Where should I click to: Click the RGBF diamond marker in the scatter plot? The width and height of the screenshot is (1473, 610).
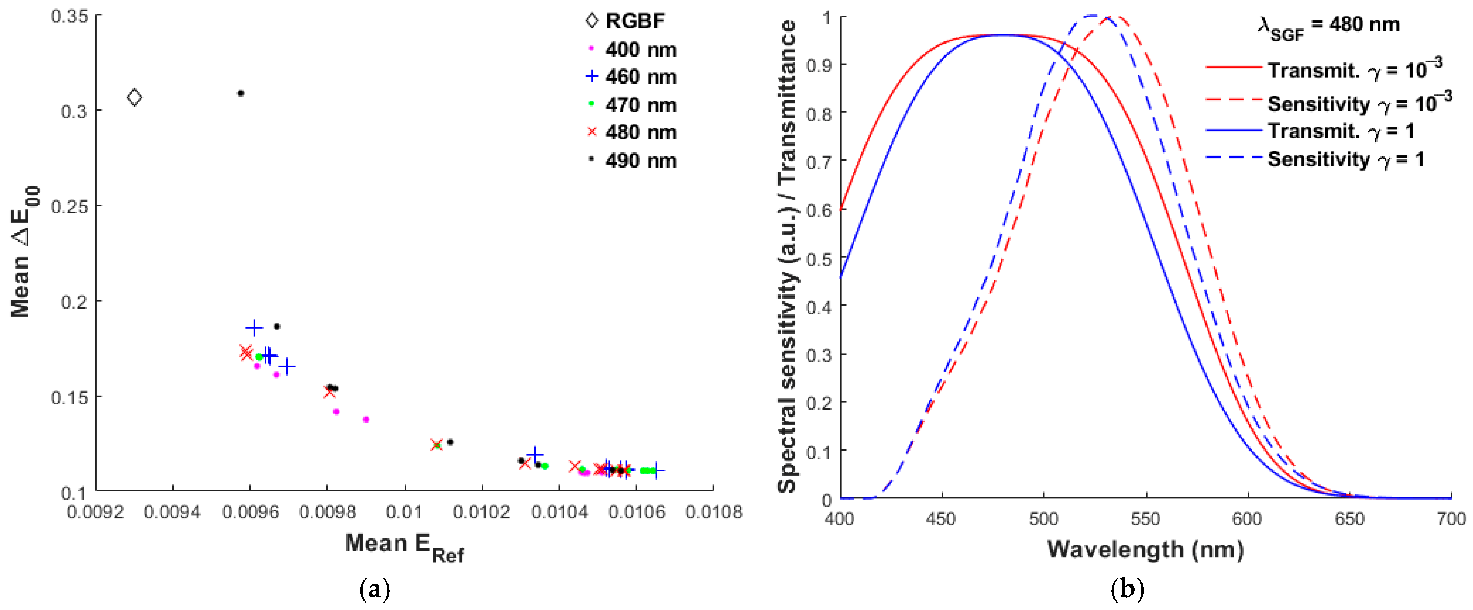tap(134, 97)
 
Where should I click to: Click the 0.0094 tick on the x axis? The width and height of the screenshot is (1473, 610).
tap(172, 512)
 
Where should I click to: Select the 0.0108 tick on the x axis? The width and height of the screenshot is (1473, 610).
tap(714, 512)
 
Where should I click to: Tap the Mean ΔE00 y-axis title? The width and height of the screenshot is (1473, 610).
tap(23, 252)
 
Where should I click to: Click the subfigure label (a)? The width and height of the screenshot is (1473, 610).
tap(375, 589)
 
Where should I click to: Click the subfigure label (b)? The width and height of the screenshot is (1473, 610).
tap(1127, 589)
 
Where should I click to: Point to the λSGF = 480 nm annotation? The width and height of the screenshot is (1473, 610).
tap(1328, 26)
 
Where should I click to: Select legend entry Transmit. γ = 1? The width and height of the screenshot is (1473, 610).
tap(1341, 131)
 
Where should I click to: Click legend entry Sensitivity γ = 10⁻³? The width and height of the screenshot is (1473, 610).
tap(1358, 104)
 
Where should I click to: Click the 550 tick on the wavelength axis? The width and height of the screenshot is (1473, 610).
tap(1145, 519)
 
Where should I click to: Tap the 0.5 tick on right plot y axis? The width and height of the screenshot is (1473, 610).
tap(818, 260)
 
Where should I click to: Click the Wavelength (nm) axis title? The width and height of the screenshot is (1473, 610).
tap(1145, 550)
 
